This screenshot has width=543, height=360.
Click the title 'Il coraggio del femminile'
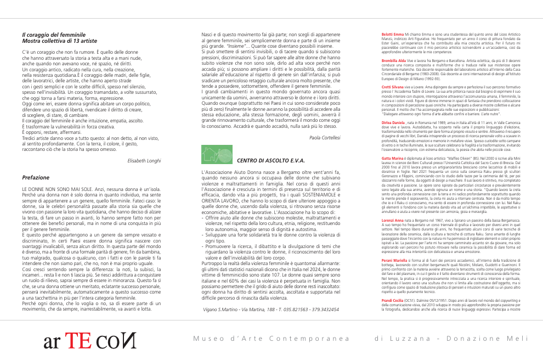point(53,35)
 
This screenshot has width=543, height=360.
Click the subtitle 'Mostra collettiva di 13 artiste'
point(59,41)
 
